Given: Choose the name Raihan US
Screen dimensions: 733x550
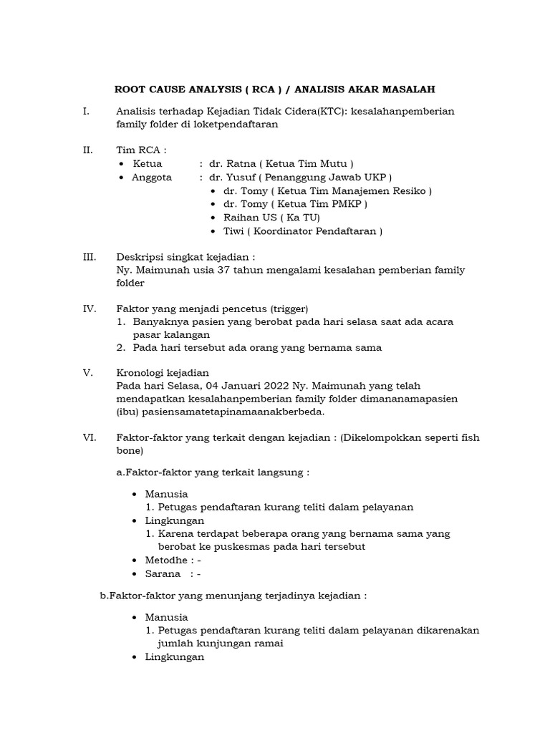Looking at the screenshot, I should (x=248, y=218).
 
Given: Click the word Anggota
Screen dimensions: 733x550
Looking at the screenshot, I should (x=151, y=178).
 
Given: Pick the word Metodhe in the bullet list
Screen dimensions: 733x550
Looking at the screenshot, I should (x=166, y=560).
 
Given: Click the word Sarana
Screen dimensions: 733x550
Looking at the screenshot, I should (x=163, y=574).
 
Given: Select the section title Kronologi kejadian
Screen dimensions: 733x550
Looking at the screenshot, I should (x=163, y=372).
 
